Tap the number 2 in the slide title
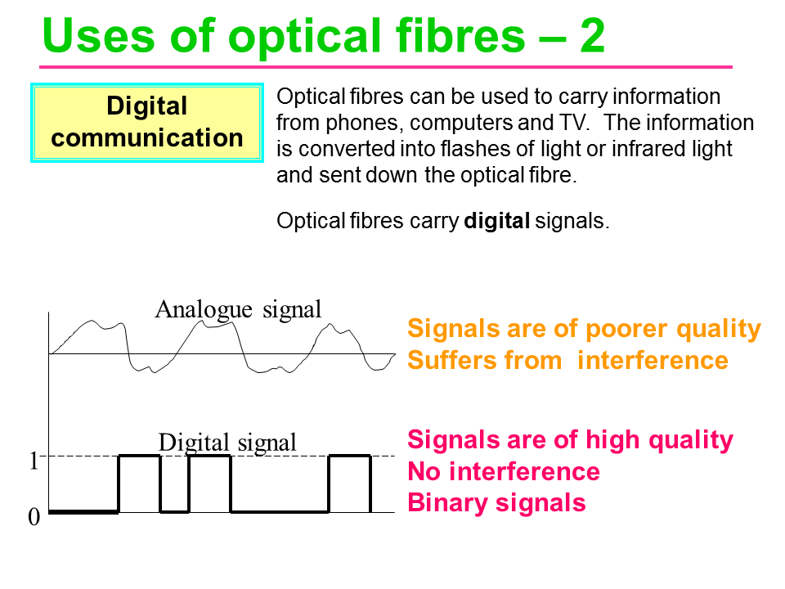[590, 37]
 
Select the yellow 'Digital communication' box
[147, 122]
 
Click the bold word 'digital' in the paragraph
[497, 221]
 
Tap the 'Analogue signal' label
[238, 309]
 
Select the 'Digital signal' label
[227, 443]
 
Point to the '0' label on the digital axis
[34, 518]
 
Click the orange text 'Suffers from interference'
[567, 360]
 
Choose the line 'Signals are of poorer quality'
[584, 329]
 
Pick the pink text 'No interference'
[503, 471]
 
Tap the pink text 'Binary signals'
[496, 502]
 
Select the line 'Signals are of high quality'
[570, 440]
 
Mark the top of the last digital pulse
[349, 456]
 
